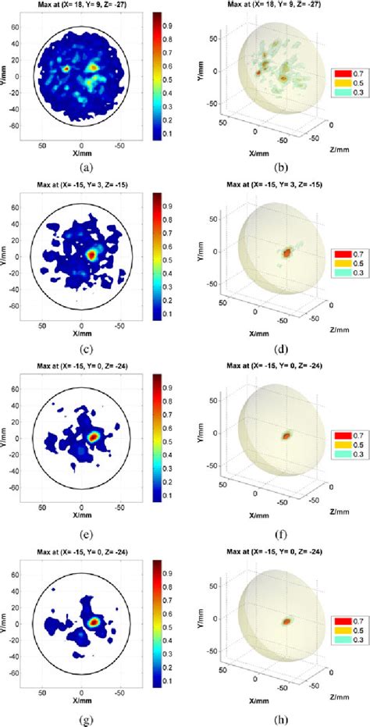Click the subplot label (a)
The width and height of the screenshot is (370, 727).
pos(82,166)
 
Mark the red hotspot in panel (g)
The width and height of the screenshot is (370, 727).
pos(94,622)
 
